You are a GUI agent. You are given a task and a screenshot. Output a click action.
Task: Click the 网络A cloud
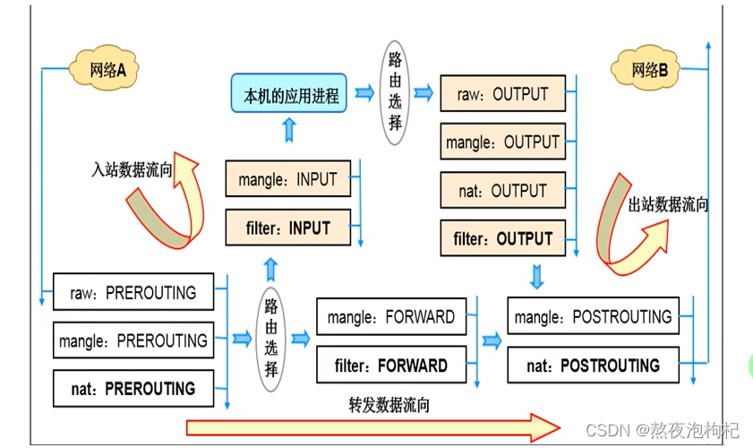(106, 70)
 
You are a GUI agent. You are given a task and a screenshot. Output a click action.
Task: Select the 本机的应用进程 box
(291, 96)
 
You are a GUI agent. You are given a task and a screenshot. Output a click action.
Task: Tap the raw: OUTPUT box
(502, 93)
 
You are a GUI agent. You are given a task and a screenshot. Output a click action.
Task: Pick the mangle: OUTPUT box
(502, 142)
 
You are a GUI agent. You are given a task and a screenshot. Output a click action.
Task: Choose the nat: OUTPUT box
(502, 191)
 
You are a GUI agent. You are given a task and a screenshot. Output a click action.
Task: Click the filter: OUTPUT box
(502, 239)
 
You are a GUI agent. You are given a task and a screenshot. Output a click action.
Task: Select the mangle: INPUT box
(287, 179)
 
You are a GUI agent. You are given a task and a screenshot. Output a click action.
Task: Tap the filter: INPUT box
(287, 228)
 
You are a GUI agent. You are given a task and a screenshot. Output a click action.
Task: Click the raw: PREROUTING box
(133, 292)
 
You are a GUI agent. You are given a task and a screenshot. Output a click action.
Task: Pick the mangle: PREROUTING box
(133, 340)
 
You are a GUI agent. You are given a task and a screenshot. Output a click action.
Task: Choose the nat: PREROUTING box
(133, 389)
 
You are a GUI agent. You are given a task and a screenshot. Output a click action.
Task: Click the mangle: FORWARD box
(390, 317)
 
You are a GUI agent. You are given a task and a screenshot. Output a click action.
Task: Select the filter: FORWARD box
(390, 366)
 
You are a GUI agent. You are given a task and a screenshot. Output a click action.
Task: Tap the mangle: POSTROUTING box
(592, 317)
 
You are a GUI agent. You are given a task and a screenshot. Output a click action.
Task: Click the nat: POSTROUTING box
(592, 366)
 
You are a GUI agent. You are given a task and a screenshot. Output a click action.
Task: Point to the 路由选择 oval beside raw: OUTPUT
(395, 91)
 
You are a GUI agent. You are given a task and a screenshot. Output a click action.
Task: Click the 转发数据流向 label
(389, 405)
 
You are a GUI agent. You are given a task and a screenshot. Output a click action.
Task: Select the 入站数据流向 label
(132, 169)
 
